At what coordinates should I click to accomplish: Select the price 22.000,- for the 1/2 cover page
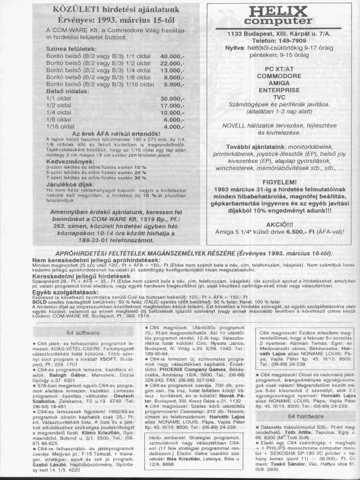pyautogui.click(x=172, y=64)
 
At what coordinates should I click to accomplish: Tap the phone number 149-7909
pyautogui.click(x=290, y=41)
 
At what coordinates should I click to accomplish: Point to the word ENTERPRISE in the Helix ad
pyautogui.click(x=279, y=90)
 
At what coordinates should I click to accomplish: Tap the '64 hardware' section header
pyautogui.click(x=305, y=416)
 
